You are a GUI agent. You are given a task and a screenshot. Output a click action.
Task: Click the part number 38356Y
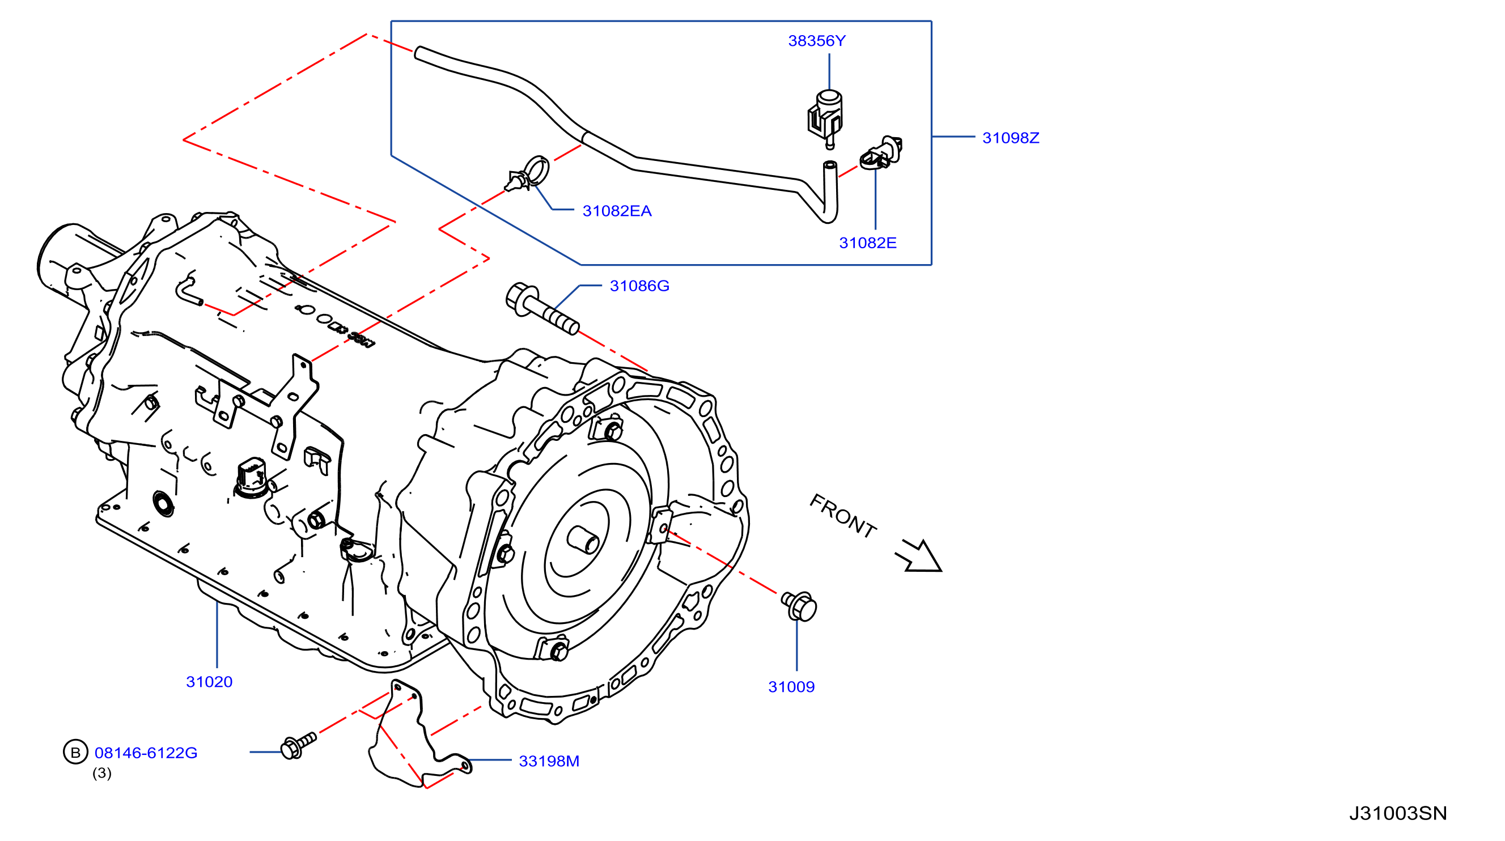(817, 41)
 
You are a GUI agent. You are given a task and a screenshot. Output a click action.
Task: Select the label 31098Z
(1011, 138)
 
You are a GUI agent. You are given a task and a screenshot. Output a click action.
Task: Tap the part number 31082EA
(617, 211)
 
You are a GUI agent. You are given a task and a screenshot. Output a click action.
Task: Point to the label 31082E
(868, 243)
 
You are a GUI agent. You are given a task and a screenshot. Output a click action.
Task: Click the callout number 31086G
(640, 286)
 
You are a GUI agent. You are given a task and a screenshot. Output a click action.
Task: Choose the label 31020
(209, 682)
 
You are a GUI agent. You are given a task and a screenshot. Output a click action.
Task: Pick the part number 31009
(792, 687)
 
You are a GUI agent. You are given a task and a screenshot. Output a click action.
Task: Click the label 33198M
(549, 761)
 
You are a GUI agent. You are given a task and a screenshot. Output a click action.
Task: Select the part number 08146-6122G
(146, 753)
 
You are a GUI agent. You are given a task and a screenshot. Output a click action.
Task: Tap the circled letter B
(75, 752)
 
